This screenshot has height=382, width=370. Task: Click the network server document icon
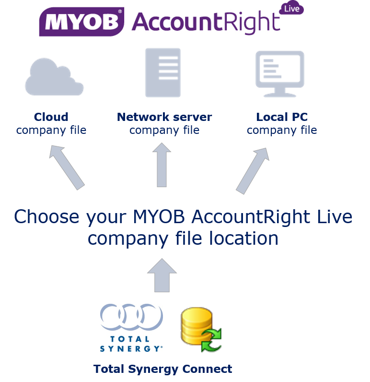click(x=163, y=73)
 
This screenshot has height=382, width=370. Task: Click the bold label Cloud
click(x=51, y=117)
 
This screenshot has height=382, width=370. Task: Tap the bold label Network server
click(x=164, y=117)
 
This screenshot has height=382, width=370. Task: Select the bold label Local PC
click(x=282, y=117)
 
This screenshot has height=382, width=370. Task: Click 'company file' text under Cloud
click(x=51, y=130)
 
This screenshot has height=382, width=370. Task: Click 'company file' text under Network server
click(x=164, y=130)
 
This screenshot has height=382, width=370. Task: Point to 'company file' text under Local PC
click(x=282, y=130)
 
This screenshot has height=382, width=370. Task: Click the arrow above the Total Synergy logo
click(x=162, y=275)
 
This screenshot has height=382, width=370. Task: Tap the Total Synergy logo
click(x=131, y=328)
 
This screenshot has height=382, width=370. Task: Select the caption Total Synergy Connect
click(x=162, y=369)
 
